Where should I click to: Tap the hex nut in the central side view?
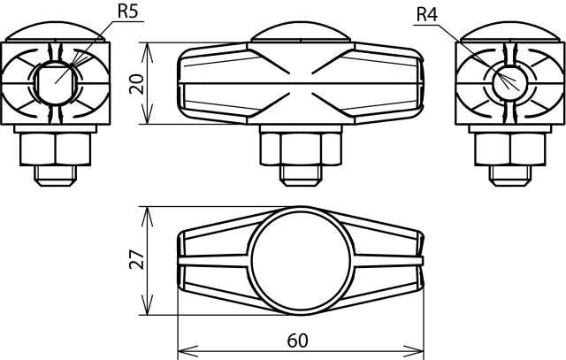coord(300,149)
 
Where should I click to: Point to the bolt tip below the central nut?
coord(300,176)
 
